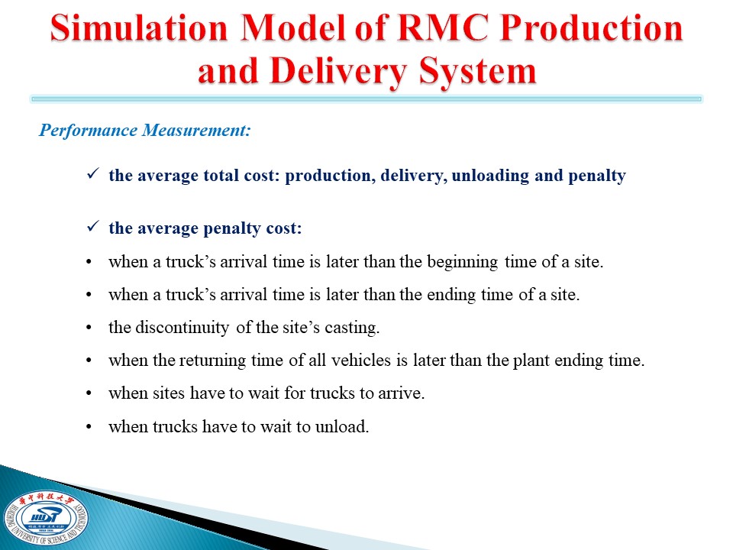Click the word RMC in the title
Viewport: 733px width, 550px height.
[x=441, y=28]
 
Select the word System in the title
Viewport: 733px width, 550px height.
[x=477, y=73]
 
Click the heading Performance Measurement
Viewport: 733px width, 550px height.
[x=145, y=130]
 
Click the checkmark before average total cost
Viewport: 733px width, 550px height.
[x=92, y=174]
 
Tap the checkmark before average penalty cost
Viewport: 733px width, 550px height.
[x=92, y=227]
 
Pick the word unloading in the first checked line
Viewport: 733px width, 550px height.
[x=490, y=176]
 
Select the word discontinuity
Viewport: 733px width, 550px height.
[x=182, y=328]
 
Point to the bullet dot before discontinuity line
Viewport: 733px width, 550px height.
[x=89, y=328]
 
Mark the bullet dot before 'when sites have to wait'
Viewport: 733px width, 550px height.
[x=89, y=393]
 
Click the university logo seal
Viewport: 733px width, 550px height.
[x=45, y=520]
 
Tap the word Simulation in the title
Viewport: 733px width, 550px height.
[x=139, y=28]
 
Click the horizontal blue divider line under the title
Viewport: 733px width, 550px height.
[x=366, y=99]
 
